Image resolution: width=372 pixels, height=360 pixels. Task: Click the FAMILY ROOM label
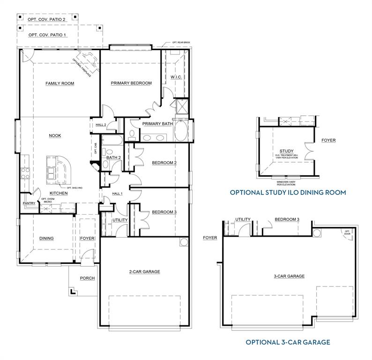[x=60, y=83]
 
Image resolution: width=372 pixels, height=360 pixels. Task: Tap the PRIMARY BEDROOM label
[x=131, y=83]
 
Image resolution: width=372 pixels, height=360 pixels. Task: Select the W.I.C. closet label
[x=176, y=76]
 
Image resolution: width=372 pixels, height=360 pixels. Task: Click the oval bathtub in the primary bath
[x=181, y=130]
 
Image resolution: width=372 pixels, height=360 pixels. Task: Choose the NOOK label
[x=55, y=135]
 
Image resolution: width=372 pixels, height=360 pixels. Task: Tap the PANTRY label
[x=29, y=203]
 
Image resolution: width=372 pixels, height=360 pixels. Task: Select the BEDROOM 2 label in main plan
[x=164, y=163]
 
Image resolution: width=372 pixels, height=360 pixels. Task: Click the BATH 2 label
[x=114, y=157]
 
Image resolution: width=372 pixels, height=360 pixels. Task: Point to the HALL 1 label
[x=117, y=194]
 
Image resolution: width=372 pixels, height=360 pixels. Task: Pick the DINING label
[x=46, y=238]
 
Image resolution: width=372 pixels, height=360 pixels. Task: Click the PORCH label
[x=87, y=278]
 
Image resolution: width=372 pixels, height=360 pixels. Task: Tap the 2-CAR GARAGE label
[x=145, y=271]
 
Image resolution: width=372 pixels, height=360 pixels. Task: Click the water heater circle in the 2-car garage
[x=183, y=242]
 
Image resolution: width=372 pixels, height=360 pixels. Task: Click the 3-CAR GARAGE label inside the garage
[x=289, y=276]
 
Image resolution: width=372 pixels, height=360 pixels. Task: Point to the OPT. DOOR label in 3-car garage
[x=348, y=232]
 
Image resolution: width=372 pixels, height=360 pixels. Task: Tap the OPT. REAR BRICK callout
[x=180, y=43]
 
